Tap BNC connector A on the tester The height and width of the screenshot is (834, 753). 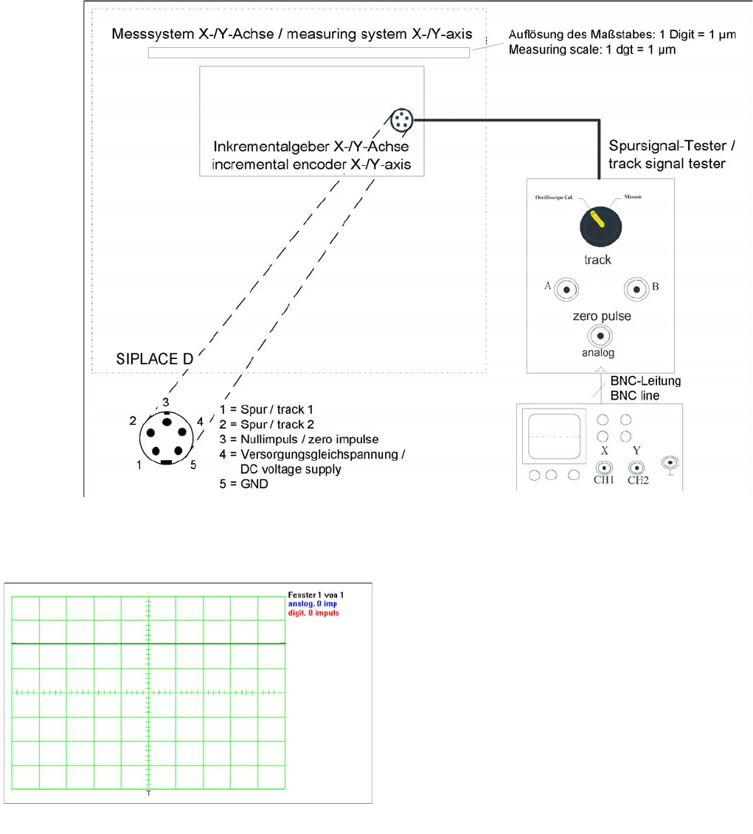(566, 288)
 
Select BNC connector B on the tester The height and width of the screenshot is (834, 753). (635, 288)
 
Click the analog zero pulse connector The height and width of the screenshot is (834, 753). (601, 338)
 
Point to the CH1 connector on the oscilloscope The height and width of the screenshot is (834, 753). (605, 468)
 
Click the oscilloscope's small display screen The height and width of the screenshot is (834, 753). (553, 435)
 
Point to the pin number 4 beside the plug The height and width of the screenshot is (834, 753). (199, 422)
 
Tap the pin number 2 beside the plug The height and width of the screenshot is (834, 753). (133, 421)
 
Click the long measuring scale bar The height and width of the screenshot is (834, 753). (309, 52)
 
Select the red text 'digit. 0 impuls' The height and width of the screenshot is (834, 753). (314, 613)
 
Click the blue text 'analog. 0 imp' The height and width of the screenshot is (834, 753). (312, 603)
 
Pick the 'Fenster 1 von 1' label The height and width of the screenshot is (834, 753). (316, 594)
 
